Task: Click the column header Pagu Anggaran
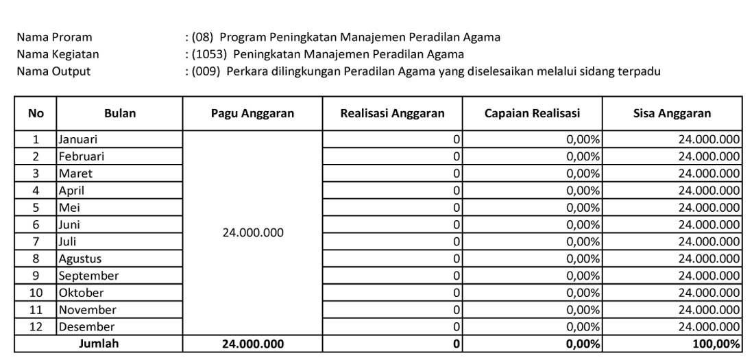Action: [252, 114]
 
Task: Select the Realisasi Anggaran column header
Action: [392, 114]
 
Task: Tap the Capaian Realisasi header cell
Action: [532, 114]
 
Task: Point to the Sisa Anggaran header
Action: [672, 114]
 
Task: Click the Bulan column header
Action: [119, 114]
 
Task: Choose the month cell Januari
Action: [77, 139]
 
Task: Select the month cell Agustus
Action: [80, 259]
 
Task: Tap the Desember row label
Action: [86, 327]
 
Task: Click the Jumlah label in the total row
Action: [99, 344]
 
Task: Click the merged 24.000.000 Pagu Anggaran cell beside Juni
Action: [252, 233]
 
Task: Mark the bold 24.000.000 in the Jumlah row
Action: [252, 344]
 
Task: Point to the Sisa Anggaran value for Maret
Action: [709, 173]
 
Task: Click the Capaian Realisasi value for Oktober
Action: [583, 293]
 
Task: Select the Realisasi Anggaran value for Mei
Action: [456, 208]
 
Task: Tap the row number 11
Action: [36, 310]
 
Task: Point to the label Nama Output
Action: [53, 71]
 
